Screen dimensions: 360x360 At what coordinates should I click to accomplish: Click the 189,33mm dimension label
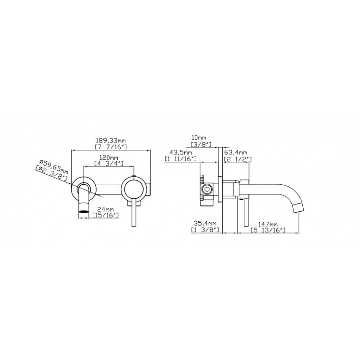click(111, 140)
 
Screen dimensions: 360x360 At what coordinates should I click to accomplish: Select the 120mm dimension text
click(109, 158)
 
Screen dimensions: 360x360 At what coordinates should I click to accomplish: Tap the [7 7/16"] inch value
click(111, 147)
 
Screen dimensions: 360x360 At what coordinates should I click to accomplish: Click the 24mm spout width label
click(105, 209)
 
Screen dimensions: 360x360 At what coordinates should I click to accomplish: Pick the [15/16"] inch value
click(105, 215)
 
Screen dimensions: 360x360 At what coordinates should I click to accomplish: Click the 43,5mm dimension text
click(181, 152)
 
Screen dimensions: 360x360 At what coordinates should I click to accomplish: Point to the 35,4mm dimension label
click(205, 223)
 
